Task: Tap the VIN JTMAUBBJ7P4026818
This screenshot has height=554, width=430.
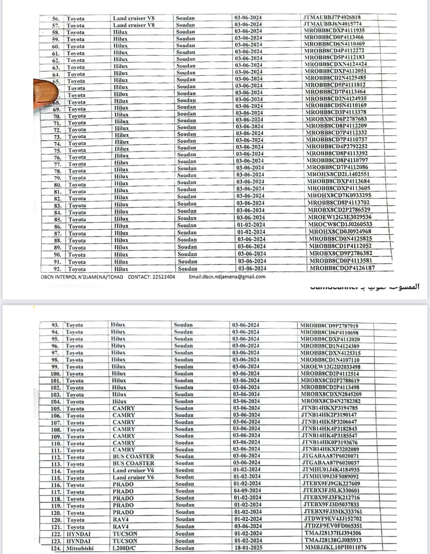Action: tap(331, 17)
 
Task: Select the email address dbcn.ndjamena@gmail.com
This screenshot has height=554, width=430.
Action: tap(227, 277)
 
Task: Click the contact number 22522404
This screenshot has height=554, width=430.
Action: tap(163, 277)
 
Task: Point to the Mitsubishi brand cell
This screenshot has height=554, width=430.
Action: tap(80, 548)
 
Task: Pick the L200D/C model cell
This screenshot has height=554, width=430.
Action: tap(125, 548)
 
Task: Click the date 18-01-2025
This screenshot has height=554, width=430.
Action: tap(247, 548)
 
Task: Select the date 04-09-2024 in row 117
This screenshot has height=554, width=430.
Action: tap(247, 490)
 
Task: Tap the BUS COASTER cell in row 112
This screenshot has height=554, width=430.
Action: tap(133, 456)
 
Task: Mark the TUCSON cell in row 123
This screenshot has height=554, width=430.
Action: tap(125, 541)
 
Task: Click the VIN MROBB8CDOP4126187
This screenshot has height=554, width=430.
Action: tap(342, 268)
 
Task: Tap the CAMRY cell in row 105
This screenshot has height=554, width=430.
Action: tap(124, 408)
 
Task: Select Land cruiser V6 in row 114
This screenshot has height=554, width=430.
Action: tap(133, 470)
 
